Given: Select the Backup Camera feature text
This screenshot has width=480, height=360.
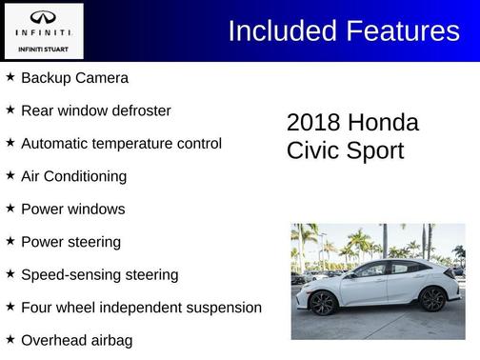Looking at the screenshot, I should pyautogui.click(x=74, y=78).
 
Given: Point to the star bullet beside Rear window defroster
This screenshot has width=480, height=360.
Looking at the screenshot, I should pyautogui.click(x=10, y=110).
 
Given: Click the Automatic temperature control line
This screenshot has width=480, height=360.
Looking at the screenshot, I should pyautogui.click(x=121, y=144).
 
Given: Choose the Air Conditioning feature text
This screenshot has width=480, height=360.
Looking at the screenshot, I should pyautogui.click(x=73, y=176).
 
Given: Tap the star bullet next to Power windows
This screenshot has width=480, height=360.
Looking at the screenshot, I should pyautogui.click(x=10, y=209).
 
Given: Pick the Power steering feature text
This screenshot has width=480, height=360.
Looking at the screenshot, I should pyautogui.click(x=70, y=242).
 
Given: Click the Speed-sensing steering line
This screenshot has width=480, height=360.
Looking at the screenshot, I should pyautogui.click(x=99, y=274).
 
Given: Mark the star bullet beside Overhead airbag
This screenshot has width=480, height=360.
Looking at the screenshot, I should pyautogui.click(x=10, y=340).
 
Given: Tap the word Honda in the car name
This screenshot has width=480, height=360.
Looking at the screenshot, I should pyautogui.click(x=383, y=123).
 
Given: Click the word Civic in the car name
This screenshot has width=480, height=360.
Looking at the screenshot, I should pyautogui.click(x=313, y=150).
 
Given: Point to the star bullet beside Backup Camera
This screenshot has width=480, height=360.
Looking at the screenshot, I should pyautogui.click(x=10, y=78).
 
